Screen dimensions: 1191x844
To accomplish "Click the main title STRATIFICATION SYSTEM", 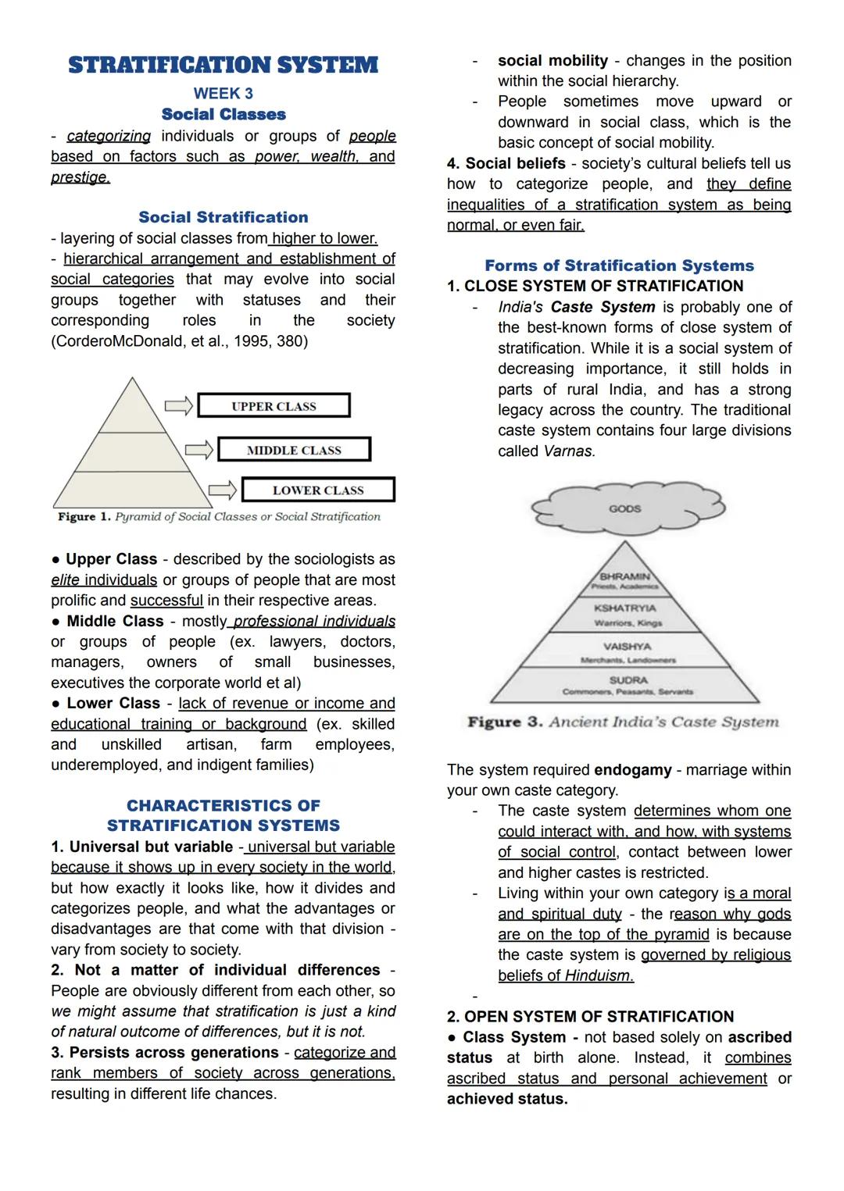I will (x=223, y=65).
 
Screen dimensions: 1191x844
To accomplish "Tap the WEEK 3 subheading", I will (x=223, y=94).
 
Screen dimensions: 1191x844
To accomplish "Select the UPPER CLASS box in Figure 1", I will (x=274, y=406).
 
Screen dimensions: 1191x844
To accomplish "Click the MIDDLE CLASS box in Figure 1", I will (x=294, y=450).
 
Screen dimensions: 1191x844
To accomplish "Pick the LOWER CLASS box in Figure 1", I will (x=318, y=490).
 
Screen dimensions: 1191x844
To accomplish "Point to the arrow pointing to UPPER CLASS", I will (x=179, y=405).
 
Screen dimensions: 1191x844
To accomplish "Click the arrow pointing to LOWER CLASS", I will (x=223, y=490).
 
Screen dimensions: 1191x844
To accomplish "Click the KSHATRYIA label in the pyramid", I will (x=624, y=608).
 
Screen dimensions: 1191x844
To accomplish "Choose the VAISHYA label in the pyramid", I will (x=627, y=647).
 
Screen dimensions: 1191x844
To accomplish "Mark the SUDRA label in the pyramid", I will (x=628, y=680).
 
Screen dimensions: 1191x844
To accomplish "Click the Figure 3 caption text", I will (x=623, y=722).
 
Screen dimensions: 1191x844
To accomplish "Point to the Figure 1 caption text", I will (x=219, y=517).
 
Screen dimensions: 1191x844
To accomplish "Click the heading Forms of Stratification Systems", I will (x=619, y=266).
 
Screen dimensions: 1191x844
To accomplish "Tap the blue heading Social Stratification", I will (x=223, y=217).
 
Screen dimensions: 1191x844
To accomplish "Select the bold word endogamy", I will (x=632, y=770).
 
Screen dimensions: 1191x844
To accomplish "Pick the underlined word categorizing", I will (x=109, y=136).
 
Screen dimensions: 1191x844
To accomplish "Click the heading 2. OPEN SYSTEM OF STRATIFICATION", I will (x=590, y=1017).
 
